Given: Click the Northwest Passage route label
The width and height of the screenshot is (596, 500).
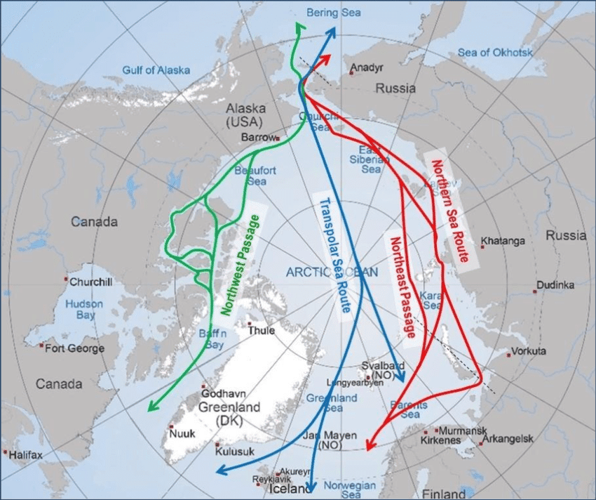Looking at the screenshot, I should click(239, 263).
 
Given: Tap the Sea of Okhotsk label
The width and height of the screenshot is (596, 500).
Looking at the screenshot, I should click(495, 53).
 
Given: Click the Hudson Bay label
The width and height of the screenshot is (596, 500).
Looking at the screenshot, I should click(84, 310).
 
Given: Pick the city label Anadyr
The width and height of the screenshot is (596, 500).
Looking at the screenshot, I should click(366, 69).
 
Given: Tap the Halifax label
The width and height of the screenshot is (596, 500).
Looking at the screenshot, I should click(26, 456).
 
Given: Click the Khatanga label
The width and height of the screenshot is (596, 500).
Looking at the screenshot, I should click(503, 242).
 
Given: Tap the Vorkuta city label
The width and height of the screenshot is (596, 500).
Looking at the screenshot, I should click(529, 350).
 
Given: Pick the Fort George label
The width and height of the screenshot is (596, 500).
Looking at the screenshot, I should click(74, 348).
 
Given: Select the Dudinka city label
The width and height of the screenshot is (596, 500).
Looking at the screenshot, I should click(555, 285).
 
